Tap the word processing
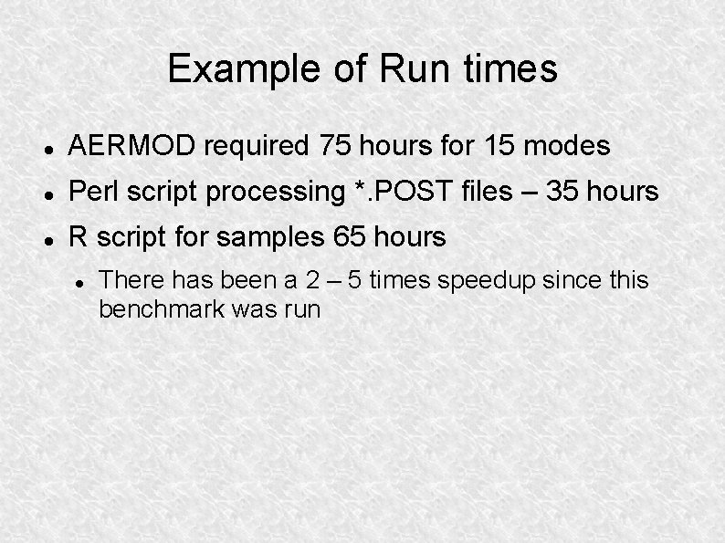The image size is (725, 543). [283, 193]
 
